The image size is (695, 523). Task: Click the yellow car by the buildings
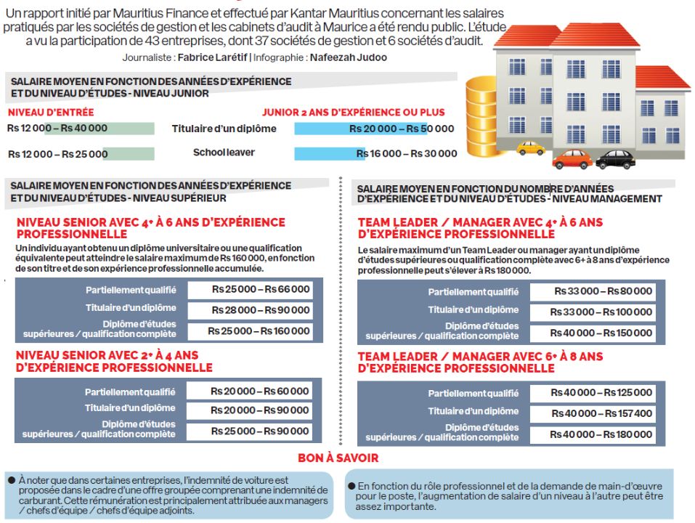530,148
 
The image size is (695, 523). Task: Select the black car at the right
614,159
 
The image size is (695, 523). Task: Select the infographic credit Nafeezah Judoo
349,57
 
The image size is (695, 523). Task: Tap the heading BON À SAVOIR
338,458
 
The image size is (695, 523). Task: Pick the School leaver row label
224,153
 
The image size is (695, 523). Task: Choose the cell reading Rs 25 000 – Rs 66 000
250,290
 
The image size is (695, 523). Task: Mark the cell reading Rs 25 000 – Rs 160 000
250,331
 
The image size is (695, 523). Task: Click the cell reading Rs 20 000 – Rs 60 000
250,391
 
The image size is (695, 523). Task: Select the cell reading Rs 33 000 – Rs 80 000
592,291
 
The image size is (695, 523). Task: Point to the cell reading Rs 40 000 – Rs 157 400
592,413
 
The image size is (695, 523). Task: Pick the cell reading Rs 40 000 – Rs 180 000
592,434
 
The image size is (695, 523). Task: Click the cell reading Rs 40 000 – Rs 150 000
592,333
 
